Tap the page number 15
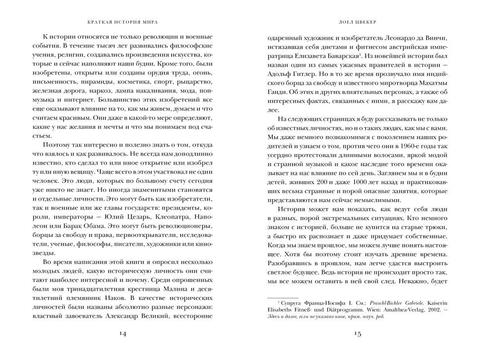click(x=357, y=334)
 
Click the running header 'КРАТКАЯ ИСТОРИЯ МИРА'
click(x=123, y=21)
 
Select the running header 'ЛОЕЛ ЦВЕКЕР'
click(x=357, y=21)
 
